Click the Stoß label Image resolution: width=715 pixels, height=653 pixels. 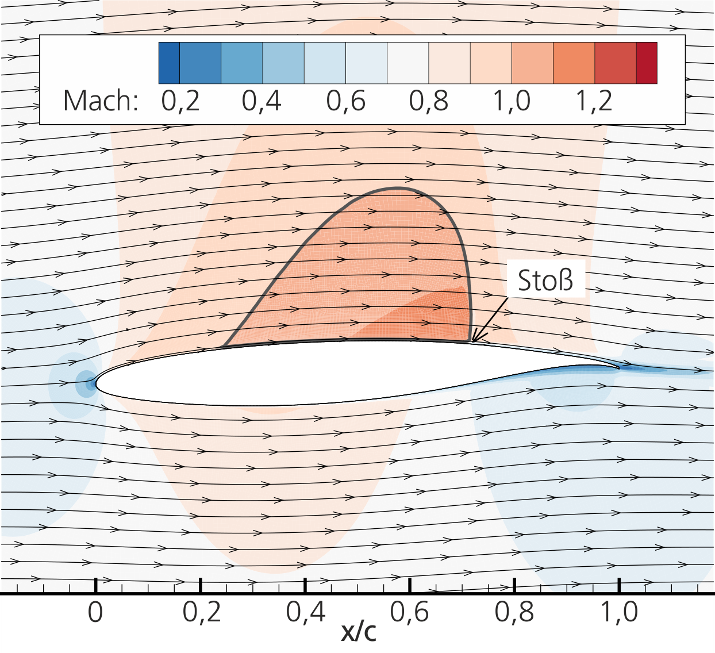click(545, 281)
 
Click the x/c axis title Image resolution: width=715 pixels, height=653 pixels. click(359, 631)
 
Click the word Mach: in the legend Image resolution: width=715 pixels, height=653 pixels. click(101, 101)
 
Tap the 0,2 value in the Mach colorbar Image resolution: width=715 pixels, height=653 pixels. click(180, 101)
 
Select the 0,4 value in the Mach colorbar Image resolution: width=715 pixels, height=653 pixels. click(262, 101)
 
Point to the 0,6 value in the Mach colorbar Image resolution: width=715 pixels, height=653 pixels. click(346, 101)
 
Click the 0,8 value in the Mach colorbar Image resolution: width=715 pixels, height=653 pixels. click(429, 101)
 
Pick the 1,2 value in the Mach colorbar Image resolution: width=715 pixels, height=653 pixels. click(594, 101)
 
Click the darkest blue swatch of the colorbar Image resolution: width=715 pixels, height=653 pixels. click(169, 63)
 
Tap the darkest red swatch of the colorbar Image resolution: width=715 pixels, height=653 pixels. click(647, 63)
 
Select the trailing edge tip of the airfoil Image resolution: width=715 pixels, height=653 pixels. click(619, 367)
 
